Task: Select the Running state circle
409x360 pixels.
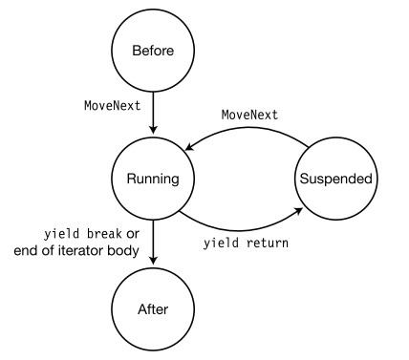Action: [153, 178]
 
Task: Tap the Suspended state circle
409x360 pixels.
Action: [336, 178]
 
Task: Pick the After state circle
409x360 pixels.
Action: [153, 309]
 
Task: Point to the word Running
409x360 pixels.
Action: [153, 178]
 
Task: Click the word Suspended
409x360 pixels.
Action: [336, 178]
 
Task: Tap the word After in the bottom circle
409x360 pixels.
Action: [153, 309]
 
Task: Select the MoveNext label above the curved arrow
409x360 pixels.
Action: [249, 115]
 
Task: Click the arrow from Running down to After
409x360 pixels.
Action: [153, 244]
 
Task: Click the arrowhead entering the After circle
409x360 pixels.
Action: [153, 266]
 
